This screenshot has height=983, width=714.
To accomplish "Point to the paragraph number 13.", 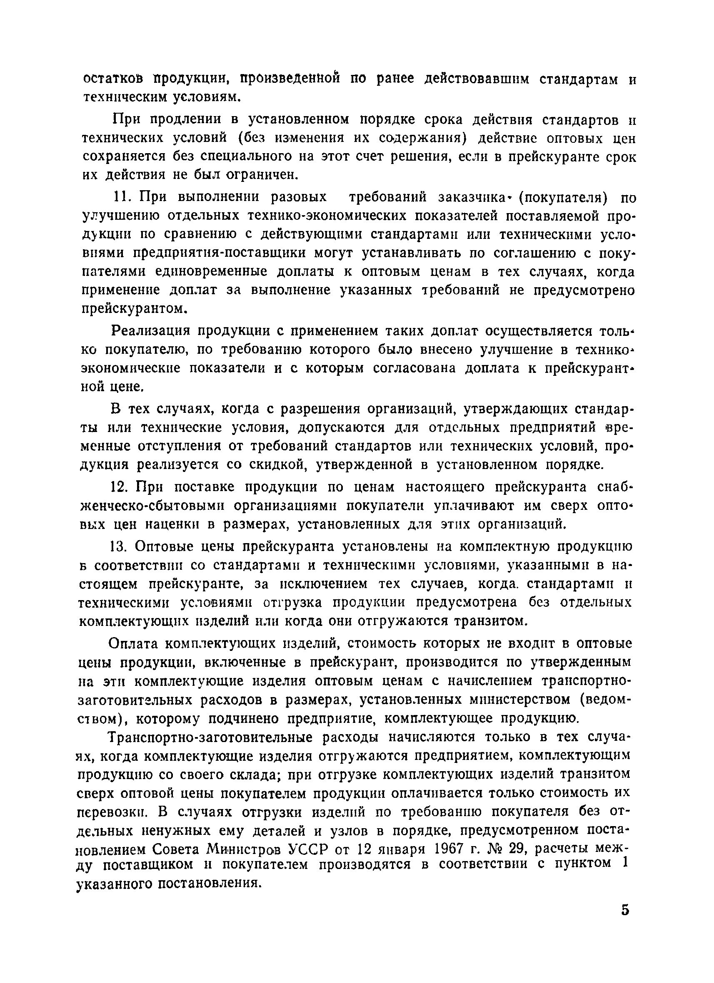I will click(118, 547).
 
